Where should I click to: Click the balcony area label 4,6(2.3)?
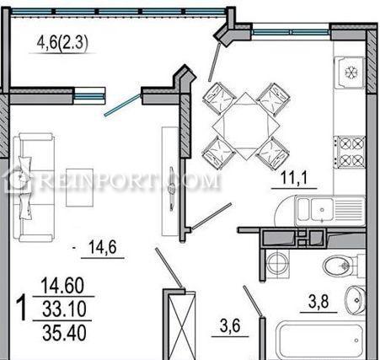pos(62,43)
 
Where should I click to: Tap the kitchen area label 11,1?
pos(294,178)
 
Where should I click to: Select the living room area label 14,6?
pos(102,247)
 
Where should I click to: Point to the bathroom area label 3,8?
pos(318,302)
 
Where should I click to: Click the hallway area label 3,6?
pos(230,326)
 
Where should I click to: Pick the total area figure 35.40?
pos(64,333)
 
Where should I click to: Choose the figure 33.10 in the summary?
pos(64,309)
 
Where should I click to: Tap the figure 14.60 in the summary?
pos(62,285)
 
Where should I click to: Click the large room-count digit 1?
pos(21,308)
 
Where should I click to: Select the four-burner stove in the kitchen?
pos(349,153)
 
